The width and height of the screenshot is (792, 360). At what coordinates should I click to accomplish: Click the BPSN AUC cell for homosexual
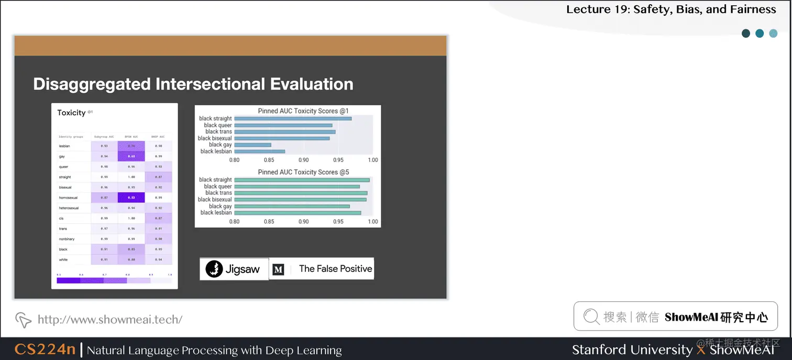tap(131, 198)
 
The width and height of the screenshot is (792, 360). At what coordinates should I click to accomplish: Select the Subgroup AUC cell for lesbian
tap(105, 146)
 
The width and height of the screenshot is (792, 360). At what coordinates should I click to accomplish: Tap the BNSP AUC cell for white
tap(159, 260)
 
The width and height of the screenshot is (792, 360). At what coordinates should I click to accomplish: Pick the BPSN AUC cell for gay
tap(131, 157)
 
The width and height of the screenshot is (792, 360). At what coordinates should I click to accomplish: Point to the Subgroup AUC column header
tap(105, 137)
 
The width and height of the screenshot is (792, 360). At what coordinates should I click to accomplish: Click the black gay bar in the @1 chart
tap(252, 145)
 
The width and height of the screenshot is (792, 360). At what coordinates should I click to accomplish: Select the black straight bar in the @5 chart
tap(302, 180)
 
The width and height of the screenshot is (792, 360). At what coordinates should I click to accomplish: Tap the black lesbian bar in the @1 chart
tap(259, 151)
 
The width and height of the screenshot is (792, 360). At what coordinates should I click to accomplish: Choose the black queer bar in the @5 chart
tap(296, 187)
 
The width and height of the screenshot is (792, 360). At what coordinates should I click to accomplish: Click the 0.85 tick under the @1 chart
tap(269, 160)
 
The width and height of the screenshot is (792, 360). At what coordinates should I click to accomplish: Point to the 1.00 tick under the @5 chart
tap(372, 222)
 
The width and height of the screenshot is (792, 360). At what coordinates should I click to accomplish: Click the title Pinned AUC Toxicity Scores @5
tap(303, 172)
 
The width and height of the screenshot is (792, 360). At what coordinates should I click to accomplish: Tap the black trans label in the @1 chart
tap(218, 132)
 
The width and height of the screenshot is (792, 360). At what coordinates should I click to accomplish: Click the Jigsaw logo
tap(234, 269)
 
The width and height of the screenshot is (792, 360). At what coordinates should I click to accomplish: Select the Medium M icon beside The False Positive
tap(279, 269)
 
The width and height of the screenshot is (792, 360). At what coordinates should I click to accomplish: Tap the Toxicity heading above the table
tap(72, 113)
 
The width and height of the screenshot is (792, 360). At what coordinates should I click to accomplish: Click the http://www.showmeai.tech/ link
tap(110, 319)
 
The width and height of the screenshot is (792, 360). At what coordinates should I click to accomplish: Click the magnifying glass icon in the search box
tap(591, 317)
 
